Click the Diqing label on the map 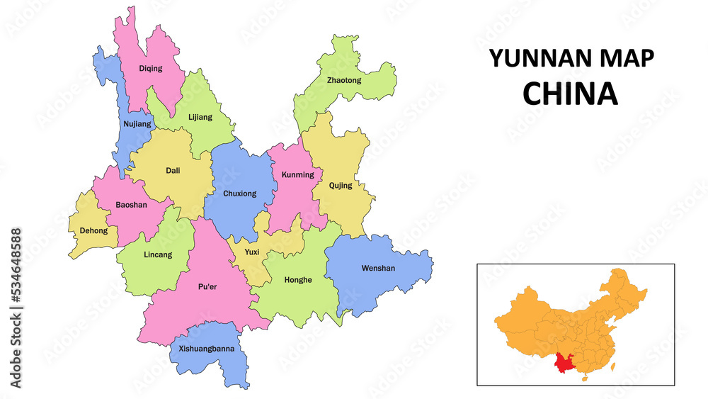(150, 69)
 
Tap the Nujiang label (137, 124)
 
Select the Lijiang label (200, 117)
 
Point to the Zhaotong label (344, 80)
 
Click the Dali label (173, 170)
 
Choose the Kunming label (297, 174)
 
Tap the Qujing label (341, 186)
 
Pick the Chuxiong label (240, 193)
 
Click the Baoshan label (131, 205)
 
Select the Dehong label (94, 230)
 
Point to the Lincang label (157, 254)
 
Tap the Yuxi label (252, 252)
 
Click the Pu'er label (207, 287)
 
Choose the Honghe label (298, 279)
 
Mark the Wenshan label (378, 268)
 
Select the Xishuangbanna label (206, 349)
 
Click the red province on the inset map (565, 362)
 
